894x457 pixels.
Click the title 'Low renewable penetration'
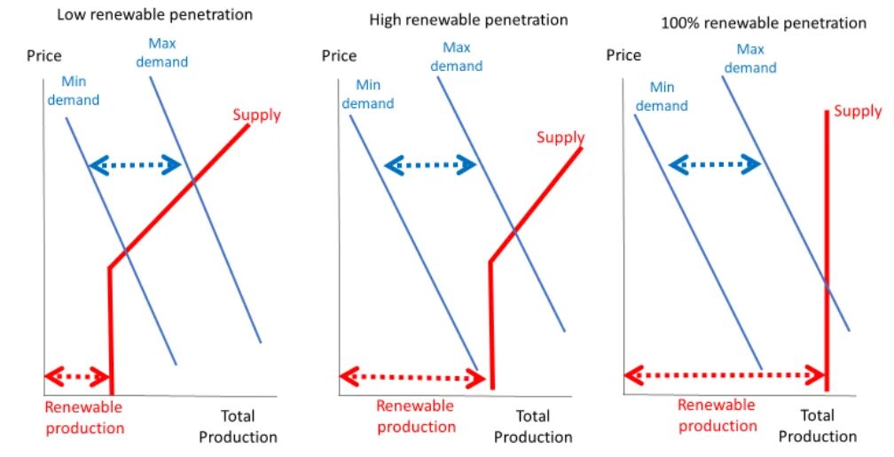click(x=154, y=15)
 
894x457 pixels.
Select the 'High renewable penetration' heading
click(x=467, y=20)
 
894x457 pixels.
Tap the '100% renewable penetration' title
click(x=764, y=23)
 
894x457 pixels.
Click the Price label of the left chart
click(x=44, y=56)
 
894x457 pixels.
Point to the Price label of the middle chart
click(x=339, y=56)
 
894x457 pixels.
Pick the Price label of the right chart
click(x=623, y=55)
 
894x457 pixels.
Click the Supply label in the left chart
click(x=256, y=114)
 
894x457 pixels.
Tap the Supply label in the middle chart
click(x=561, y=138)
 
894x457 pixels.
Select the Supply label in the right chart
click(x=858, y=111)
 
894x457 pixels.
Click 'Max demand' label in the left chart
click(x=168, y=52)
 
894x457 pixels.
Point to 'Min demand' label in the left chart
click(x=74, y=91)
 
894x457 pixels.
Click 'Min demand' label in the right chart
click(x=662, y=96)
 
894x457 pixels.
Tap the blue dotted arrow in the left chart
click(x=136, y=164)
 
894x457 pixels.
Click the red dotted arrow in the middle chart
click(x=413, y=377)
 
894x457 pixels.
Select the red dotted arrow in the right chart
click(x=724, y=375)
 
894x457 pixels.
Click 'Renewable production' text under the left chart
click(x=84, y=418)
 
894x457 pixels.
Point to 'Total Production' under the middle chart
click(x=533, y=426)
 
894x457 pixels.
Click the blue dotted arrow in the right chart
click(x=714, y=163)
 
